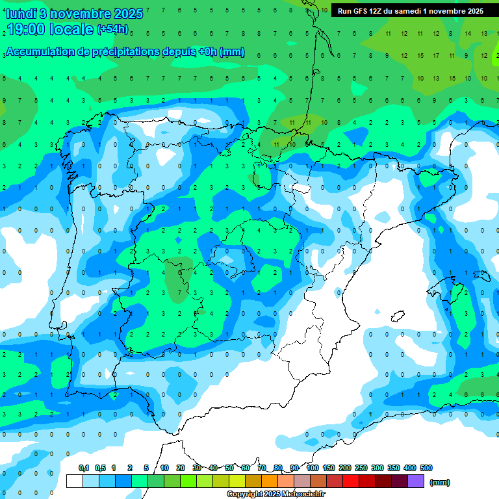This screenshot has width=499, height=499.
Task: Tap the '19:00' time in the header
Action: click(x=27, y=29)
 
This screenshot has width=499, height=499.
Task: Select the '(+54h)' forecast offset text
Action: click(x=113, y=29)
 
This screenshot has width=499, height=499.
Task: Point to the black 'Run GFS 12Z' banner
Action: click(x=410, y=10)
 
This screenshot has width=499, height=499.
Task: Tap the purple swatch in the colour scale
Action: click(x=416, y=481)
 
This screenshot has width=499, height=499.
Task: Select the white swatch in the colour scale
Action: click(x=75, y=481)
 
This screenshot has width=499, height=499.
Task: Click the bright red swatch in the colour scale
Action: click(x=351, y=481)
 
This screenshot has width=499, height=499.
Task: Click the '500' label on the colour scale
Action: click(x=426, y=468)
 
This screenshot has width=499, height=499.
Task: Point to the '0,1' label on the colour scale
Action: click(x=84, y=468)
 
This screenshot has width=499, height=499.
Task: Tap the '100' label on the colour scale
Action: click(x=313, y=468)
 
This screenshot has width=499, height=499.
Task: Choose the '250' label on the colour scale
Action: click(x=361, y=468)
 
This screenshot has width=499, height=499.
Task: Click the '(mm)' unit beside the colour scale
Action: click(x=440, y=482)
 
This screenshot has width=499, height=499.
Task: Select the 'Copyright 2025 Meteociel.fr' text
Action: click(x=276, y=494)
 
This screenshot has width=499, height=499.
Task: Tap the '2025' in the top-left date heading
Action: click(x=128, y=14)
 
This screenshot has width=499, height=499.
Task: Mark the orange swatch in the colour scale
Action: click(x=270, y=481)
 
